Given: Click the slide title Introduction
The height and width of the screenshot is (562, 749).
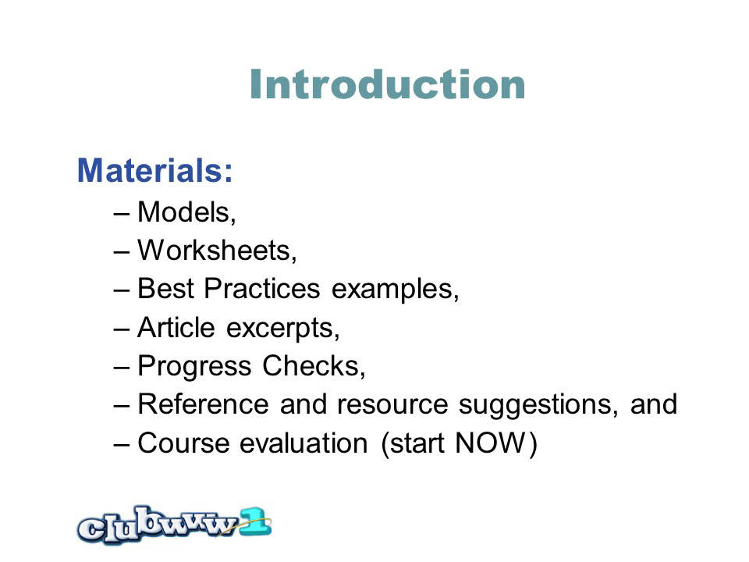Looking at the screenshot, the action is (388, 84).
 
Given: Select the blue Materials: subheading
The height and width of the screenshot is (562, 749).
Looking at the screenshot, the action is (154, 170).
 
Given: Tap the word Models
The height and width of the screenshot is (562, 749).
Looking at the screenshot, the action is (184, 212).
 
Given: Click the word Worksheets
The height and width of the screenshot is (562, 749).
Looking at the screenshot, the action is (215, 250).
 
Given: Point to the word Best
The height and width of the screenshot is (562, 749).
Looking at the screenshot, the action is (165, 289).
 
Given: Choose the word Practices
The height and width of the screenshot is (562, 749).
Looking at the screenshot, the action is (262, 289).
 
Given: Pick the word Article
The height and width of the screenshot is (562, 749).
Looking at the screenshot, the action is (176, 327).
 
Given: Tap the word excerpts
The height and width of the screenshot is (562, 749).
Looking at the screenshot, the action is (280, 329).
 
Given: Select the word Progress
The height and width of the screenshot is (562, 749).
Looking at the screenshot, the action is (194, 367).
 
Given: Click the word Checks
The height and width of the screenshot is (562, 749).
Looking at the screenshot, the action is (311, 366).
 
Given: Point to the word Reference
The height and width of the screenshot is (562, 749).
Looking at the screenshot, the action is (204, 404).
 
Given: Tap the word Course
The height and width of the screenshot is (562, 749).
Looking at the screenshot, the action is (183, 443).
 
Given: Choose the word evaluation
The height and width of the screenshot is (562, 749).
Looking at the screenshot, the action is (304, 443).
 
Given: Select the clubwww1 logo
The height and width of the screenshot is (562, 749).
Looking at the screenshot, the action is (174, 525).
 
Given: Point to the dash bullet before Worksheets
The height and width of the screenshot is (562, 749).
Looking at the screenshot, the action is (122, 252).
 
